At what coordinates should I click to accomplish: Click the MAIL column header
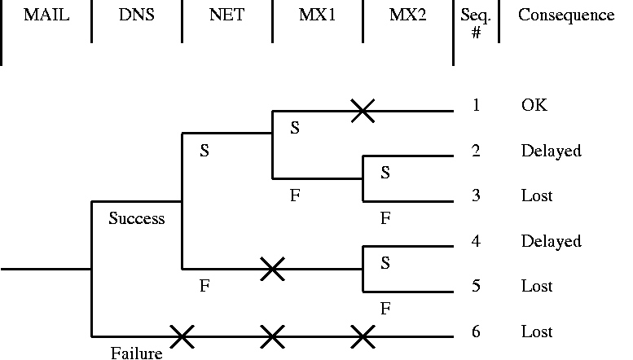[46, 15]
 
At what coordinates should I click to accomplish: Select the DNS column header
[136, 15]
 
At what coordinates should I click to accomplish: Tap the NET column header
[226, 15]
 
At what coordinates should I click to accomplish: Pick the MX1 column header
[317, 15]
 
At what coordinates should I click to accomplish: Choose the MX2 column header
[407, 15]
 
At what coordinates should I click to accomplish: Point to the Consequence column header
[566, 15]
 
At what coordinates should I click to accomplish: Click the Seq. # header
[476, 24]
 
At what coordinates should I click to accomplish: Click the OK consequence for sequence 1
[534, 106]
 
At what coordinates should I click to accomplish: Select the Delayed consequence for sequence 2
[551, 151]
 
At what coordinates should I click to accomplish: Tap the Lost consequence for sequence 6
[537, 332]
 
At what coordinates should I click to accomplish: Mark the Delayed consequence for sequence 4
[551, 241]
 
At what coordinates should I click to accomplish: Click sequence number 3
[476, 196]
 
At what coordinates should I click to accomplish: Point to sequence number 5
[476, 287]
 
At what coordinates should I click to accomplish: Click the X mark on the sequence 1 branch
[363, 111]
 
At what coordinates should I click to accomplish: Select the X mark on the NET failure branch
[272, 269]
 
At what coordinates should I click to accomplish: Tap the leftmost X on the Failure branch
[182, 335]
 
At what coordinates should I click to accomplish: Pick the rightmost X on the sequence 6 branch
[363, 335]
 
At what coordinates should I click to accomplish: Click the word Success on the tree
[137, 218]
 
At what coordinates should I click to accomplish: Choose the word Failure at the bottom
[136, 353]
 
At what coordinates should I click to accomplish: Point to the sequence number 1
[476, 106]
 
